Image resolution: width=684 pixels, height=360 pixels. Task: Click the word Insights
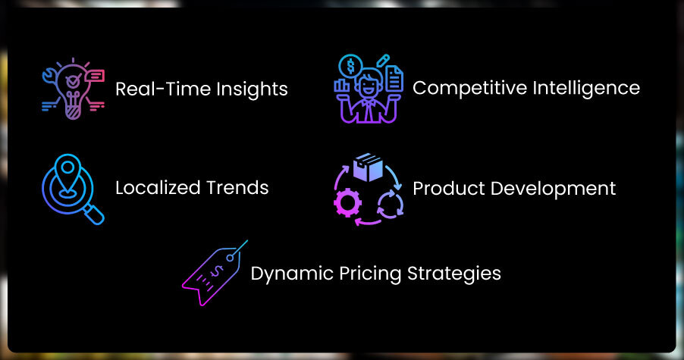[x=252, y=89]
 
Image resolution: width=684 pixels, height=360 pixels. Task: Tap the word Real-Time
[x=163, y=89]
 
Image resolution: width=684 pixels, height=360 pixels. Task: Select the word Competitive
[x=470, y=88]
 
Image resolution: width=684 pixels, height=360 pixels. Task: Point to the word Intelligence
[x=586, y=88]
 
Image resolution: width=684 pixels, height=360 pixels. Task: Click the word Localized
[x=158, y=188]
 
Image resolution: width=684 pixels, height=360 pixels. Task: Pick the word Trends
[x=237, y=188]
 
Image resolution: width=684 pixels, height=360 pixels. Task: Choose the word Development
[x=553, y=189]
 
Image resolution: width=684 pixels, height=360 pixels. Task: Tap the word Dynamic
[x=292, y=274]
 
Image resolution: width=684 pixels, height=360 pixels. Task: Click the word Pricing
[x=370, y=274]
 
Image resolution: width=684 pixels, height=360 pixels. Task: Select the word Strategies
[x=454, y=274]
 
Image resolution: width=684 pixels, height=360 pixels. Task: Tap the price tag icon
[x=214, y=274]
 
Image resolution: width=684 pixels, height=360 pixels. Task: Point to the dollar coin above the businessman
[x=350, y=66]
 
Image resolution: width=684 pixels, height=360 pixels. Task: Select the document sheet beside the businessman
[x=394, y=79]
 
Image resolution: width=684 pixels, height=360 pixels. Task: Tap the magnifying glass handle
[x=94, y=214]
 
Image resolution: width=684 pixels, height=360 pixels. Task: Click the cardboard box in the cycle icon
[x=369, y=167]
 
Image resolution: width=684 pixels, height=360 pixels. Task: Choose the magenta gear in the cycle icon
[x=347, y=202]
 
